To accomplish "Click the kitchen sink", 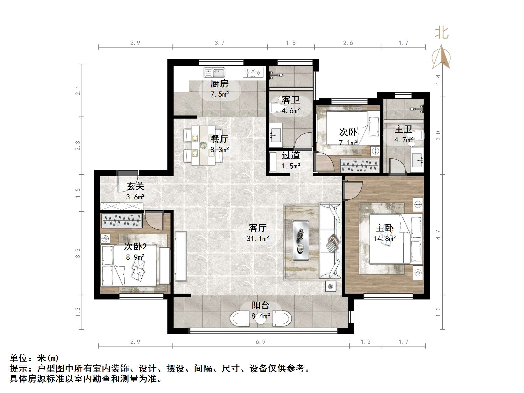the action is [214, 72].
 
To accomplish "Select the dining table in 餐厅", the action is [203, 145].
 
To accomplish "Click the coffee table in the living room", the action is [301, 240].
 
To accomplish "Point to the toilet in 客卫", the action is [275, 108].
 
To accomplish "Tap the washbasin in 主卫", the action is [417, 160].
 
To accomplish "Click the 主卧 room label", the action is [384, 228].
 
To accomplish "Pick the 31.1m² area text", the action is [258, 238].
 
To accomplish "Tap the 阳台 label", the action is [260, 305].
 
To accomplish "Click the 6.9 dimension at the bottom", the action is [260, 342].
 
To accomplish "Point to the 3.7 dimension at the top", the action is [220, 43].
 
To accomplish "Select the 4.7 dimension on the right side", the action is [438, 235].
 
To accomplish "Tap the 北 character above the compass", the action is [441, 33].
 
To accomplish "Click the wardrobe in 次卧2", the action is [122, 221].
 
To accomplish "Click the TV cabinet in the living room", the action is [181, 256].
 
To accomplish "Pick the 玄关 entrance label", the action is [135, 186].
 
